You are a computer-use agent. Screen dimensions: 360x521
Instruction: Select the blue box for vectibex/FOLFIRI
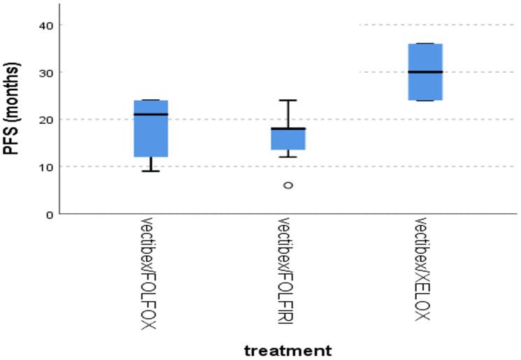pyautogui.click(x=288, y=139)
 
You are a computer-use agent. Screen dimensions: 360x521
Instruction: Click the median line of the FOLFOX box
pyautogui.click(x=150, y=114)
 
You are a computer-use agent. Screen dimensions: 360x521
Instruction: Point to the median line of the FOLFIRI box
pyautogui.click(x=288, y=129)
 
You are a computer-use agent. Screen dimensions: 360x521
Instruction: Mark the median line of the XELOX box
pyautogui.click(x=425, y=72)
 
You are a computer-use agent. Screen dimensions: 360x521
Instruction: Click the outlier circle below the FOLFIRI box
pyautogui.click(x=288, y=185)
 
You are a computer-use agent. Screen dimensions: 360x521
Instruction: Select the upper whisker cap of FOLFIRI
pyautogui.click(x=288, y=101)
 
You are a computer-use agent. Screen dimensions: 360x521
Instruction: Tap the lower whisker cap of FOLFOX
pyautogui.click(x=150, y=171)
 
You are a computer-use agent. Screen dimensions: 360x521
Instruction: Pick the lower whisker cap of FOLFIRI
pyautogui.click(x=288, y=157)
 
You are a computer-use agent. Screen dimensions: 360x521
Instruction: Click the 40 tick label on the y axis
pyautogui.click(x=45, y=25)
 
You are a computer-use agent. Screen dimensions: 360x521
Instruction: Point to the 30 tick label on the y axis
pyautogui.click(x=45, y=72)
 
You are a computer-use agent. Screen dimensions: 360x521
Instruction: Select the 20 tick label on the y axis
pyautogui.click(x=45, y=120)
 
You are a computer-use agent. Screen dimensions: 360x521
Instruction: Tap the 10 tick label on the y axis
pyautogui.click(x=45, y=166)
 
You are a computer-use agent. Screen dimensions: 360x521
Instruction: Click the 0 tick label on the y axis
pyautogui.click(x=48, y=214)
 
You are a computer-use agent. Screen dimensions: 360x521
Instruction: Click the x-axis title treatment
pyautogui.click(x=287, y=349)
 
